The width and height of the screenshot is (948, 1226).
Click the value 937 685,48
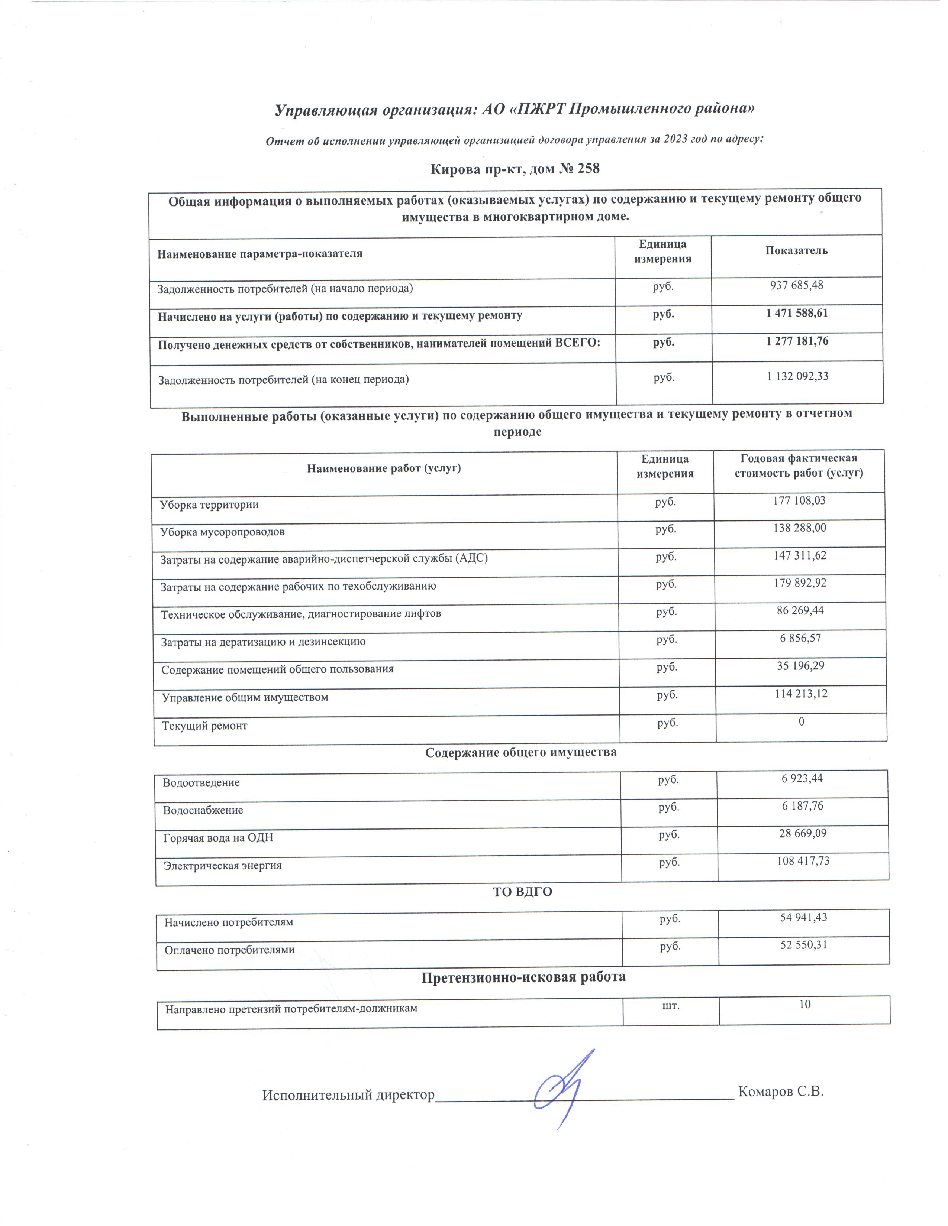tap(796, 285)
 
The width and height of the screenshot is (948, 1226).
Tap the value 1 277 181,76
tap(797, 341)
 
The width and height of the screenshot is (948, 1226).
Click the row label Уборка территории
tap(209, 505)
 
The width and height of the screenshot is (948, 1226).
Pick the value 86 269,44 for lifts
tap(800, 610)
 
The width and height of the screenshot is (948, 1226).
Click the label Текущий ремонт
tap(205, 726)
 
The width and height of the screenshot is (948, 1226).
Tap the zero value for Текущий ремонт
tap(802, 721)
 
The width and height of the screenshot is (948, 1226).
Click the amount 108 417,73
tap(803, 860)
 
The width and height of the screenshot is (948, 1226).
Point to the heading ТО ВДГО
tap(522, 892)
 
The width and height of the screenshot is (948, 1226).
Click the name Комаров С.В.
tap(781, 1092)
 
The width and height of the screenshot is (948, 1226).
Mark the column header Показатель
tap(796, 251)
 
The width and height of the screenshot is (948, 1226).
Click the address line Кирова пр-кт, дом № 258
tap(515, 168)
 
